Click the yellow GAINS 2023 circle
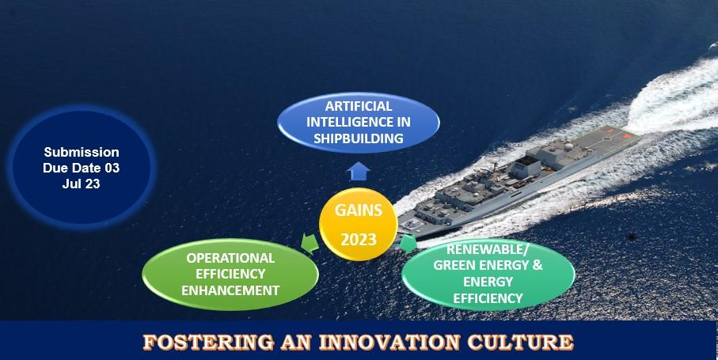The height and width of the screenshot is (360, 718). pos(358,224)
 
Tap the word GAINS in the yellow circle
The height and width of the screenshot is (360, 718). pos(358,210)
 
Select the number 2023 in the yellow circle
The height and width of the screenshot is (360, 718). pos(358,239)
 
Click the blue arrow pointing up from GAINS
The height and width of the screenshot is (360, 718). pos(358,171)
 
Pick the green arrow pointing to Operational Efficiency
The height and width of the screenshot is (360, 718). pos(310,244)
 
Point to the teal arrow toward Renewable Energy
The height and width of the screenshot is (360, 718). pos(408,244)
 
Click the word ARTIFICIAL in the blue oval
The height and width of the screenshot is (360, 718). pos(359,106)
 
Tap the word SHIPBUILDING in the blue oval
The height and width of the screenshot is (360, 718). pos(359,138)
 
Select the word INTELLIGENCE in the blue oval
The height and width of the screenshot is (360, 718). pos(359,122)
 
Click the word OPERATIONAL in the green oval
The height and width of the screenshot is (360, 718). pos(230,258)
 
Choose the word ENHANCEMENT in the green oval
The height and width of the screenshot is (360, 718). pos(230,290)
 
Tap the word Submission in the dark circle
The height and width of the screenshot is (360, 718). pos(82,152)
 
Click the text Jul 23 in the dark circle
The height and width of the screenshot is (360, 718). pos(81,184)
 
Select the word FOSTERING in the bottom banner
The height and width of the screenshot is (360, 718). pos(208,342)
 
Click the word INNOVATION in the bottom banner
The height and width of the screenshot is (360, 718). pos(389,342)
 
